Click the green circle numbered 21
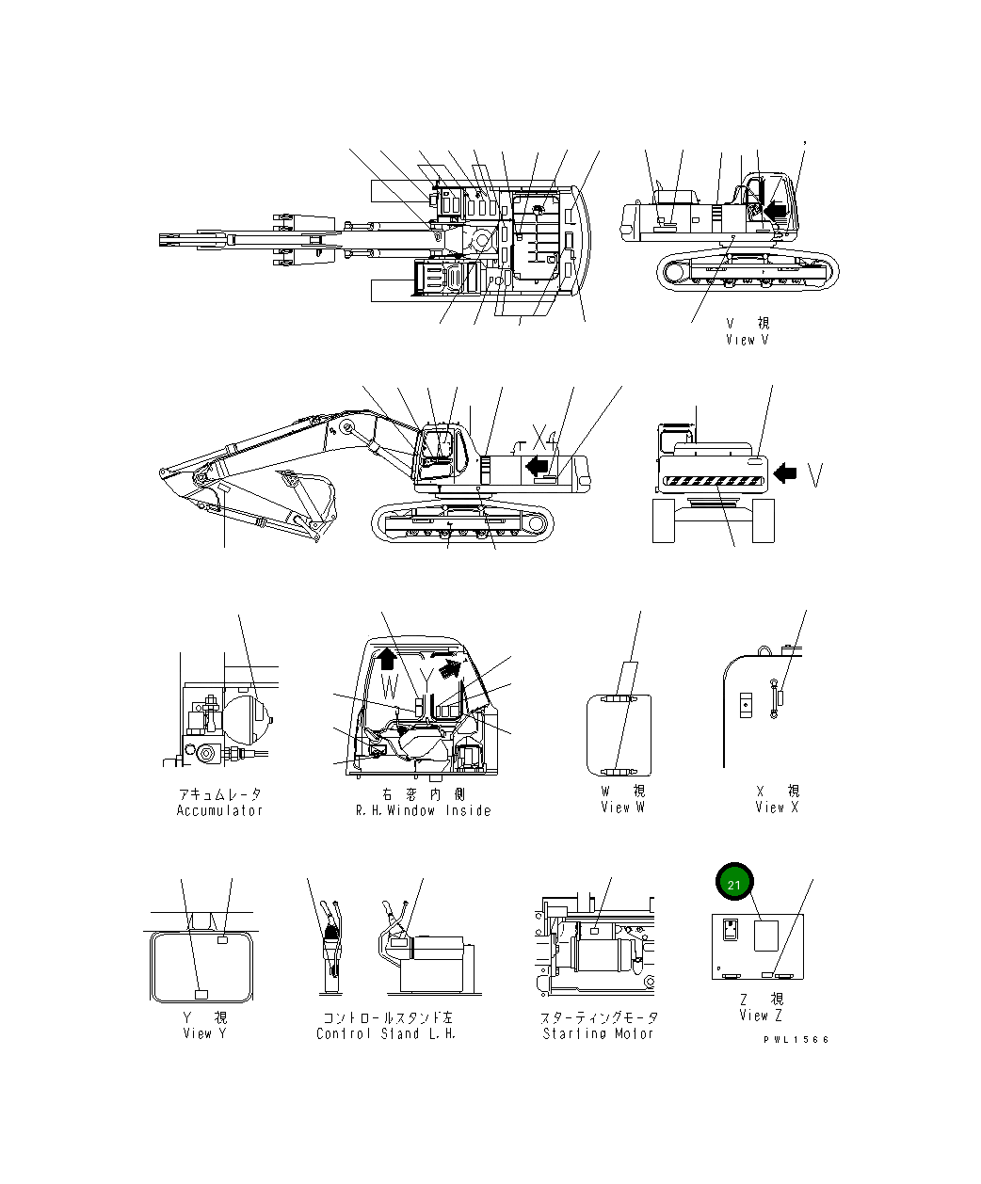pyautogui.click(x=734, y=884)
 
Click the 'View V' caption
pyautogui.click(x=748, y=340)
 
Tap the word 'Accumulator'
pyautogui.click(x=219, y=810)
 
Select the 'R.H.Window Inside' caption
pyautogui.click(x=423, y=810)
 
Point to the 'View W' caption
pyautogui.click(x=623, y=808)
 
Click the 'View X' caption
pyautogui.click(x=777, y=808)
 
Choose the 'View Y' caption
pyautogui.click(x=204, y=1033)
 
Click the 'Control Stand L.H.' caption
pyautogui.click(x=386, y=1033)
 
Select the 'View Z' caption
pyautogui.click(x=761, y=1016)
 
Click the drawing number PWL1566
pyautogui.click(x=796, y=1039)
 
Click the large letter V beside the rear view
pyautogui.click(x=816, y=475)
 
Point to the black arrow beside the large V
pyautogui.click(x=784, y=475)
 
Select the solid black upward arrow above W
pyautogui.click(x=390, y=656)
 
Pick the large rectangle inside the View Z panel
pyautogui.click(x=767, y=937)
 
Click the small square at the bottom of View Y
pyautogui.click(x=200, y=995)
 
